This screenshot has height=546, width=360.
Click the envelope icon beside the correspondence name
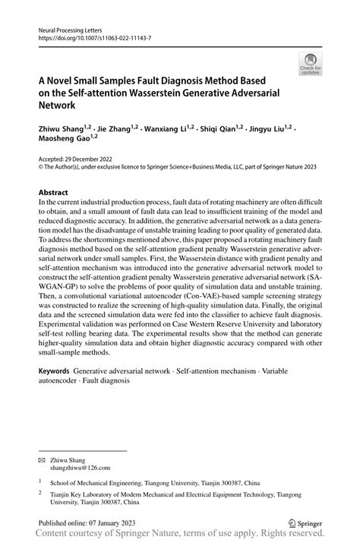(43, 460)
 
